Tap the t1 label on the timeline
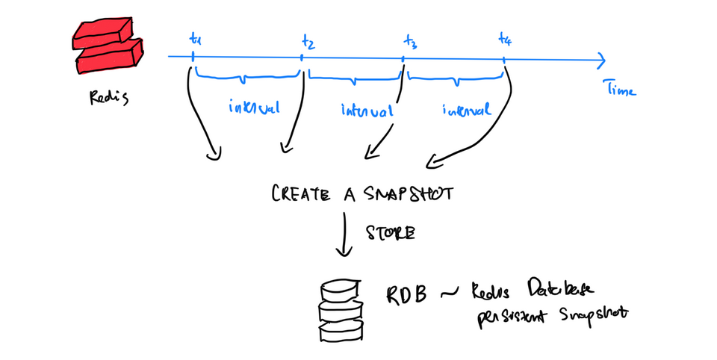tap(195, 37)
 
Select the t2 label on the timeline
tap(308, 42)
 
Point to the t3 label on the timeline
tap(409, 42)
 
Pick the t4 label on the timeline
tap(506, 38)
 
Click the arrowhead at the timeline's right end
tap(599, 57)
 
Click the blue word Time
tap(621, 90)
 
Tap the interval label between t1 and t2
tap(255, 108)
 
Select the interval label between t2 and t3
tap(366, 111)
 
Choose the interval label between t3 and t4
tap(467, 110)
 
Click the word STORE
tap(388, 234)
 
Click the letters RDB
tap(407, 294)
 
